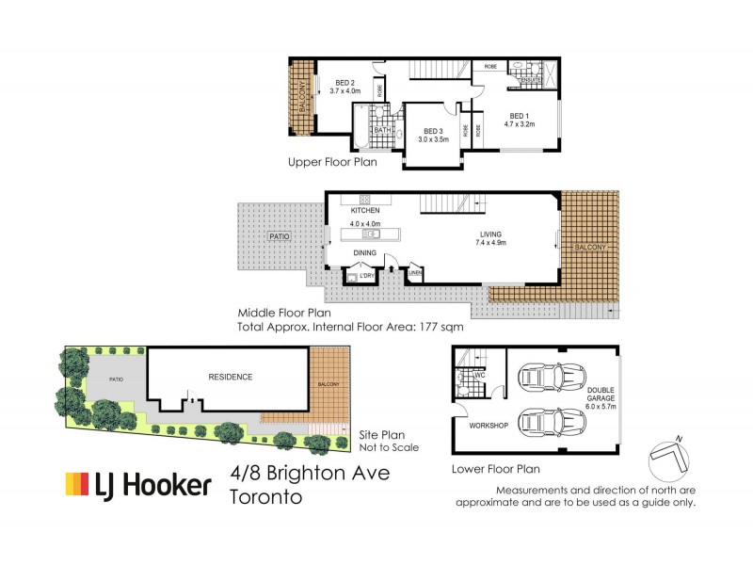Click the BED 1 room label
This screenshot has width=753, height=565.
(x=519, y=115)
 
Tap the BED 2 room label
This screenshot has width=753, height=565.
(x=344, y=83)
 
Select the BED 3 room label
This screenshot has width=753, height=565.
(x=433, y=131)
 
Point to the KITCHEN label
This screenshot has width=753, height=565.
(x=364, y=211)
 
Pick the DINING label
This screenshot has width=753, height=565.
(x=364, y=253)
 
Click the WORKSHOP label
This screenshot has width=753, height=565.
(x=489, y=426)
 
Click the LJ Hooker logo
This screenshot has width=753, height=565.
(x=137, y=485)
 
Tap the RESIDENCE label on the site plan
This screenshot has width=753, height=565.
(x=231, y=377)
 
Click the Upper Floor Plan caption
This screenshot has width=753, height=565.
(x=332, y=162)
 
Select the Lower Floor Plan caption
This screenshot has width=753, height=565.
(x=495, y=468)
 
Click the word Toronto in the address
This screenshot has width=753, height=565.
(x=266, y=496)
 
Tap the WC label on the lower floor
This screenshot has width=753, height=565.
(x=478, y=375)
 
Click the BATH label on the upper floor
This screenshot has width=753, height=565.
(x=381, y=130)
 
